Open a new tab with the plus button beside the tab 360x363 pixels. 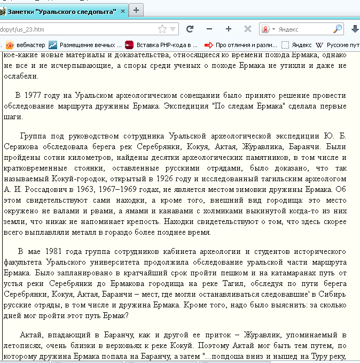137,10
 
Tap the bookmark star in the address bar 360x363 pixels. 162,29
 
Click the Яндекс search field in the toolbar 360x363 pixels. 302,29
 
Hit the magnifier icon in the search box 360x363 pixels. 338,29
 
